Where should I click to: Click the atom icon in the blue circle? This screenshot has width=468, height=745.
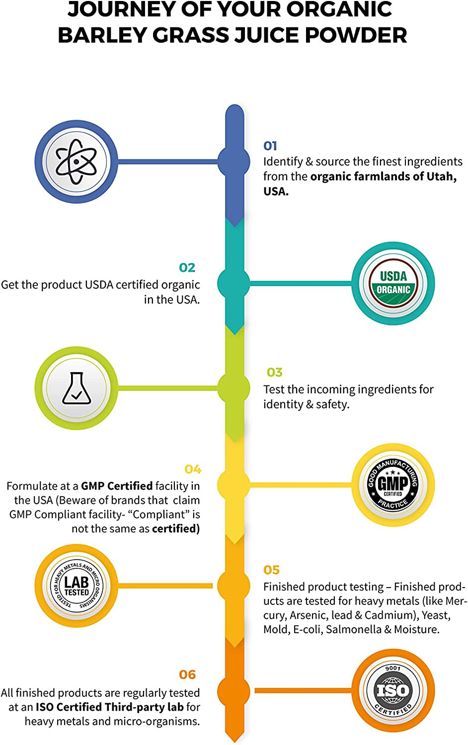(76, 161)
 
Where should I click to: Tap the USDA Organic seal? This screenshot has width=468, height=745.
(393, 284)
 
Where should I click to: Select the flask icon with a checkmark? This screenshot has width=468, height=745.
(77, 388)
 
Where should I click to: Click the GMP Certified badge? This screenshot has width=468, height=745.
(393, 485)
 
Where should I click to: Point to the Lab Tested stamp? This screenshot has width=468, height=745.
(77, 586)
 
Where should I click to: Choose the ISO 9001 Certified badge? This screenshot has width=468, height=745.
(393, 690)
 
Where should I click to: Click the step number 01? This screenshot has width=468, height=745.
(270, 146)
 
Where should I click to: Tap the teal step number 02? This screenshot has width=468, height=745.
(187, 268)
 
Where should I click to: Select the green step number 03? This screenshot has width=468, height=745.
(274, 372)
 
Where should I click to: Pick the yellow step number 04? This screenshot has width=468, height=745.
(193, 469)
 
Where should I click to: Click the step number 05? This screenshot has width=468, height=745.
(271, 570)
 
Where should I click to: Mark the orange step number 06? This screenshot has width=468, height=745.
(187, 674)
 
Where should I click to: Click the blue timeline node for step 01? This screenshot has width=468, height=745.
(234, 162)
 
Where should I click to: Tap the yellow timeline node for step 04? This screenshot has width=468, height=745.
(234, 485)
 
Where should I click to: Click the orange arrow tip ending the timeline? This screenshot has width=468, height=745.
(235, 741)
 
